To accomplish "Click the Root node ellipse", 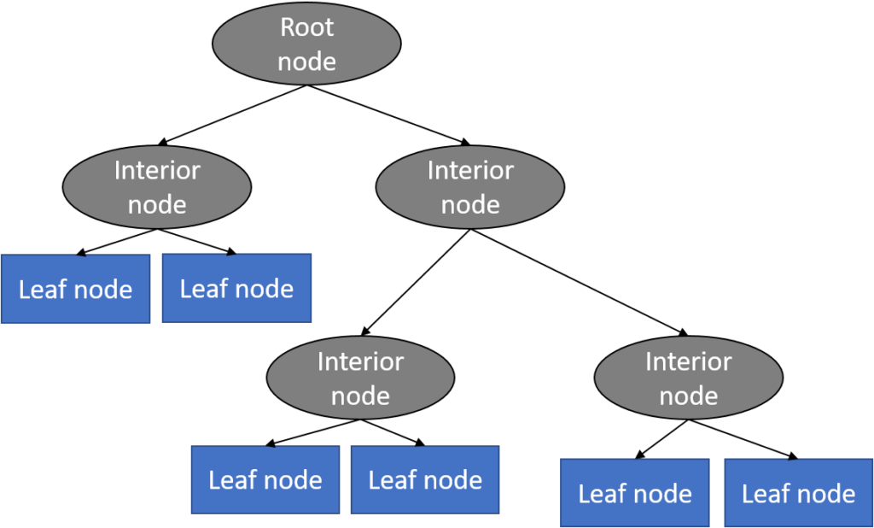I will tap(307, 44).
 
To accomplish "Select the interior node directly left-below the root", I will tap(157, 187).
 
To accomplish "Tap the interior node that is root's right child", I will tap(470, 187).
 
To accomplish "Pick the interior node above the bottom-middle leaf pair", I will tap(360, 378).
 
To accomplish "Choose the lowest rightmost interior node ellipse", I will tap(688, 378).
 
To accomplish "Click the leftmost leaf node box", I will tap(75, 289).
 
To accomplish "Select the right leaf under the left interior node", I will tap(236, 288).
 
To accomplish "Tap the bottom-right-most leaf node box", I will tap(798, 493).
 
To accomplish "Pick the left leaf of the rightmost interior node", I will tap(634, 493).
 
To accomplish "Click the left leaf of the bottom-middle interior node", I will tap(265, 479).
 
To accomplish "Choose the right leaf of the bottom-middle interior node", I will tap(425, 479).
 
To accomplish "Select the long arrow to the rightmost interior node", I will tap(580, 282).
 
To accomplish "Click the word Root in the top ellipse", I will tap(307, 27).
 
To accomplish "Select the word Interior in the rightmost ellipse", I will tap(688, 361).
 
